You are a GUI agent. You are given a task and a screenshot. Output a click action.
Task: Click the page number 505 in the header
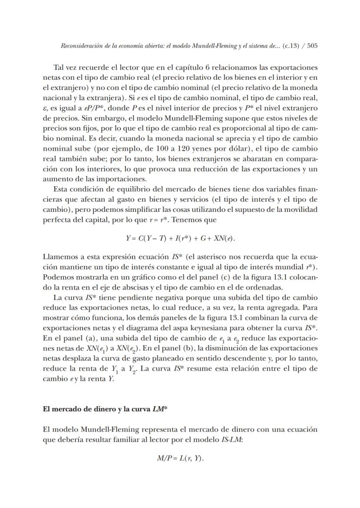coord(312,45)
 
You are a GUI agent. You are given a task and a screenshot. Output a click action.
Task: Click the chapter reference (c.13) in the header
coord(291,45)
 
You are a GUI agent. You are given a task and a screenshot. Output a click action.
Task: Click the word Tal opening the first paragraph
coord(59,67)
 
